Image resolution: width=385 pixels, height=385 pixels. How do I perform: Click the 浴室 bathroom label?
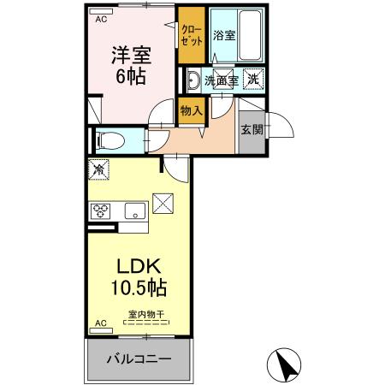coord(224,37)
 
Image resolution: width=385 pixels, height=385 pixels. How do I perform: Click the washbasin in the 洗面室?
coord(193,80)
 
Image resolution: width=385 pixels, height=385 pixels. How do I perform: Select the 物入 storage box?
coord(191,110)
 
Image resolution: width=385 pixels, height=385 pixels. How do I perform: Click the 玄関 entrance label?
coord(252,130)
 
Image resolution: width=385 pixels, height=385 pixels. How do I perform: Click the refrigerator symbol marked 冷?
coord(98,171)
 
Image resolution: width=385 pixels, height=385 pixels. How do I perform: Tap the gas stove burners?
coord(100,211)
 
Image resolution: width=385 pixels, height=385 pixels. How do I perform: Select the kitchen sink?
coord(134,211)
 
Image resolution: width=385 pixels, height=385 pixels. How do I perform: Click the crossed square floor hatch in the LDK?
coord(163,204)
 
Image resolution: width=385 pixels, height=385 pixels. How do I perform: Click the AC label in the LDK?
coord(100,323)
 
